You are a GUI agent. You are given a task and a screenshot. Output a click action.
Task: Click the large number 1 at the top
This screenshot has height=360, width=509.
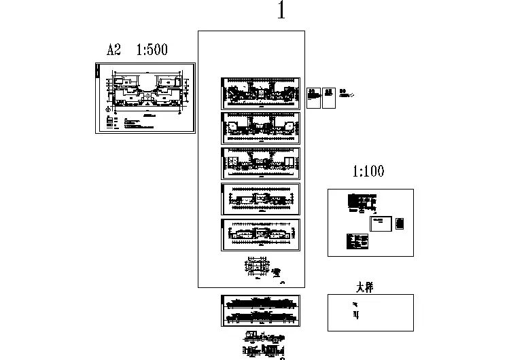point(281,12)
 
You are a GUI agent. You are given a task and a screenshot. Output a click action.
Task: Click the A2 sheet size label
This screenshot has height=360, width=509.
point(113,50)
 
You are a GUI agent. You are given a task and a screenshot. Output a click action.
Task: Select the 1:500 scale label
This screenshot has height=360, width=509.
point(152,50)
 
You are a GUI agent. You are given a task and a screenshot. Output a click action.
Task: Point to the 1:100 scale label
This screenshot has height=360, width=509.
point(368,172)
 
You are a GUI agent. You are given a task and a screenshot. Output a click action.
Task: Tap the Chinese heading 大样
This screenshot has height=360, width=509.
point(365,287)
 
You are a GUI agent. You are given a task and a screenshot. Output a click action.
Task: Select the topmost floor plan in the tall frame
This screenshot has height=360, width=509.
point(260,93)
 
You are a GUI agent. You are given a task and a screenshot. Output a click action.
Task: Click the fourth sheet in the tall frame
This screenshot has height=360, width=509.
point(260,199)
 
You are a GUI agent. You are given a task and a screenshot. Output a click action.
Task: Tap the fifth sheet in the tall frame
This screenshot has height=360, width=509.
point(260,235)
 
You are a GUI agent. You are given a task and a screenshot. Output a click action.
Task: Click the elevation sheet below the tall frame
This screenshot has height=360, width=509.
point(260,310)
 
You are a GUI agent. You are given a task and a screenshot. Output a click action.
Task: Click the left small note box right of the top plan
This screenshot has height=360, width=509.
point(314,98)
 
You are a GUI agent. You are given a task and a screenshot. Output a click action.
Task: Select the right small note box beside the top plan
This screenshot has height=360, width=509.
point(328,98)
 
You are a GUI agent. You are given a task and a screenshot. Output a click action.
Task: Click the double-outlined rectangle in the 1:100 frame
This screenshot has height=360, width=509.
point(380,223)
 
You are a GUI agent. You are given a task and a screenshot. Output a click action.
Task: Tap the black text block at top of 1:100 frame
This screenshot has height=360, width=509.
point(360,202)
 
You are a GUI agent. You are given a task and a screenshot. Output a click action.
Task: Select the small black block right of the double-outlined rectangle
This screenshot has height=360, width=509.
point(399,223)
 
